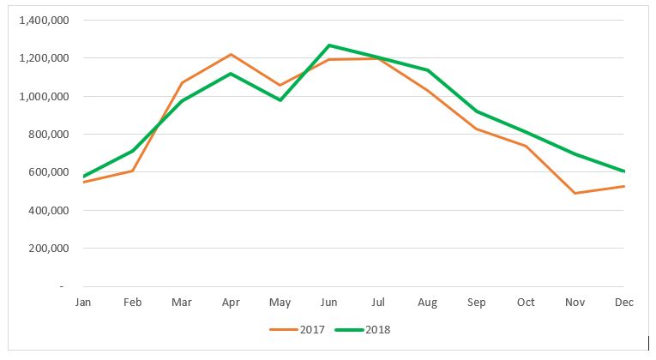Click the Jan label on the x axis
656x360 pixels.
(x=83, y=303)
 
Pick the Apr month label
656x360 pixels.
(x=231, y=303)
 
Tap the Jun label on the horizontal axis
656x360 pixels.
(x=329, y=303)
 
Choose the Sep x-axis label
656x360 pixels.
(x=477, y=303)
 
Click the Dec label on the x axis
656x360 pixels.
(x=624, y=303)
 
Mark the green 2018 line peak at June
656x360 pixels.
(x=329, y=45)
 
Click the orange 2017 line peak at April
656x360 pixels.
(x=231, y=55)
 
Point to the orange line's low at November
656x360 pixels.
(x=575, y=193)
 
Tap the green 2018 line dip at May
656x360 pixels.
(x=280, y=100)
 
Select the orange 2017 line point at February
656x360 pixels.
(x=133, y=171)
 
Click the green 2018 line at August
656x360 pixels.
(x=428, y=70)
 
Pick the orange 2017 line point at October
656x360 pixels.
(x=526, y=147)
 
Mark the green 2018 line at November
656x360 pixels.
(x=575, y=154)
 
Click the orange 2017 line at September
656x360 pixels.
(x=477, y=129)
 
